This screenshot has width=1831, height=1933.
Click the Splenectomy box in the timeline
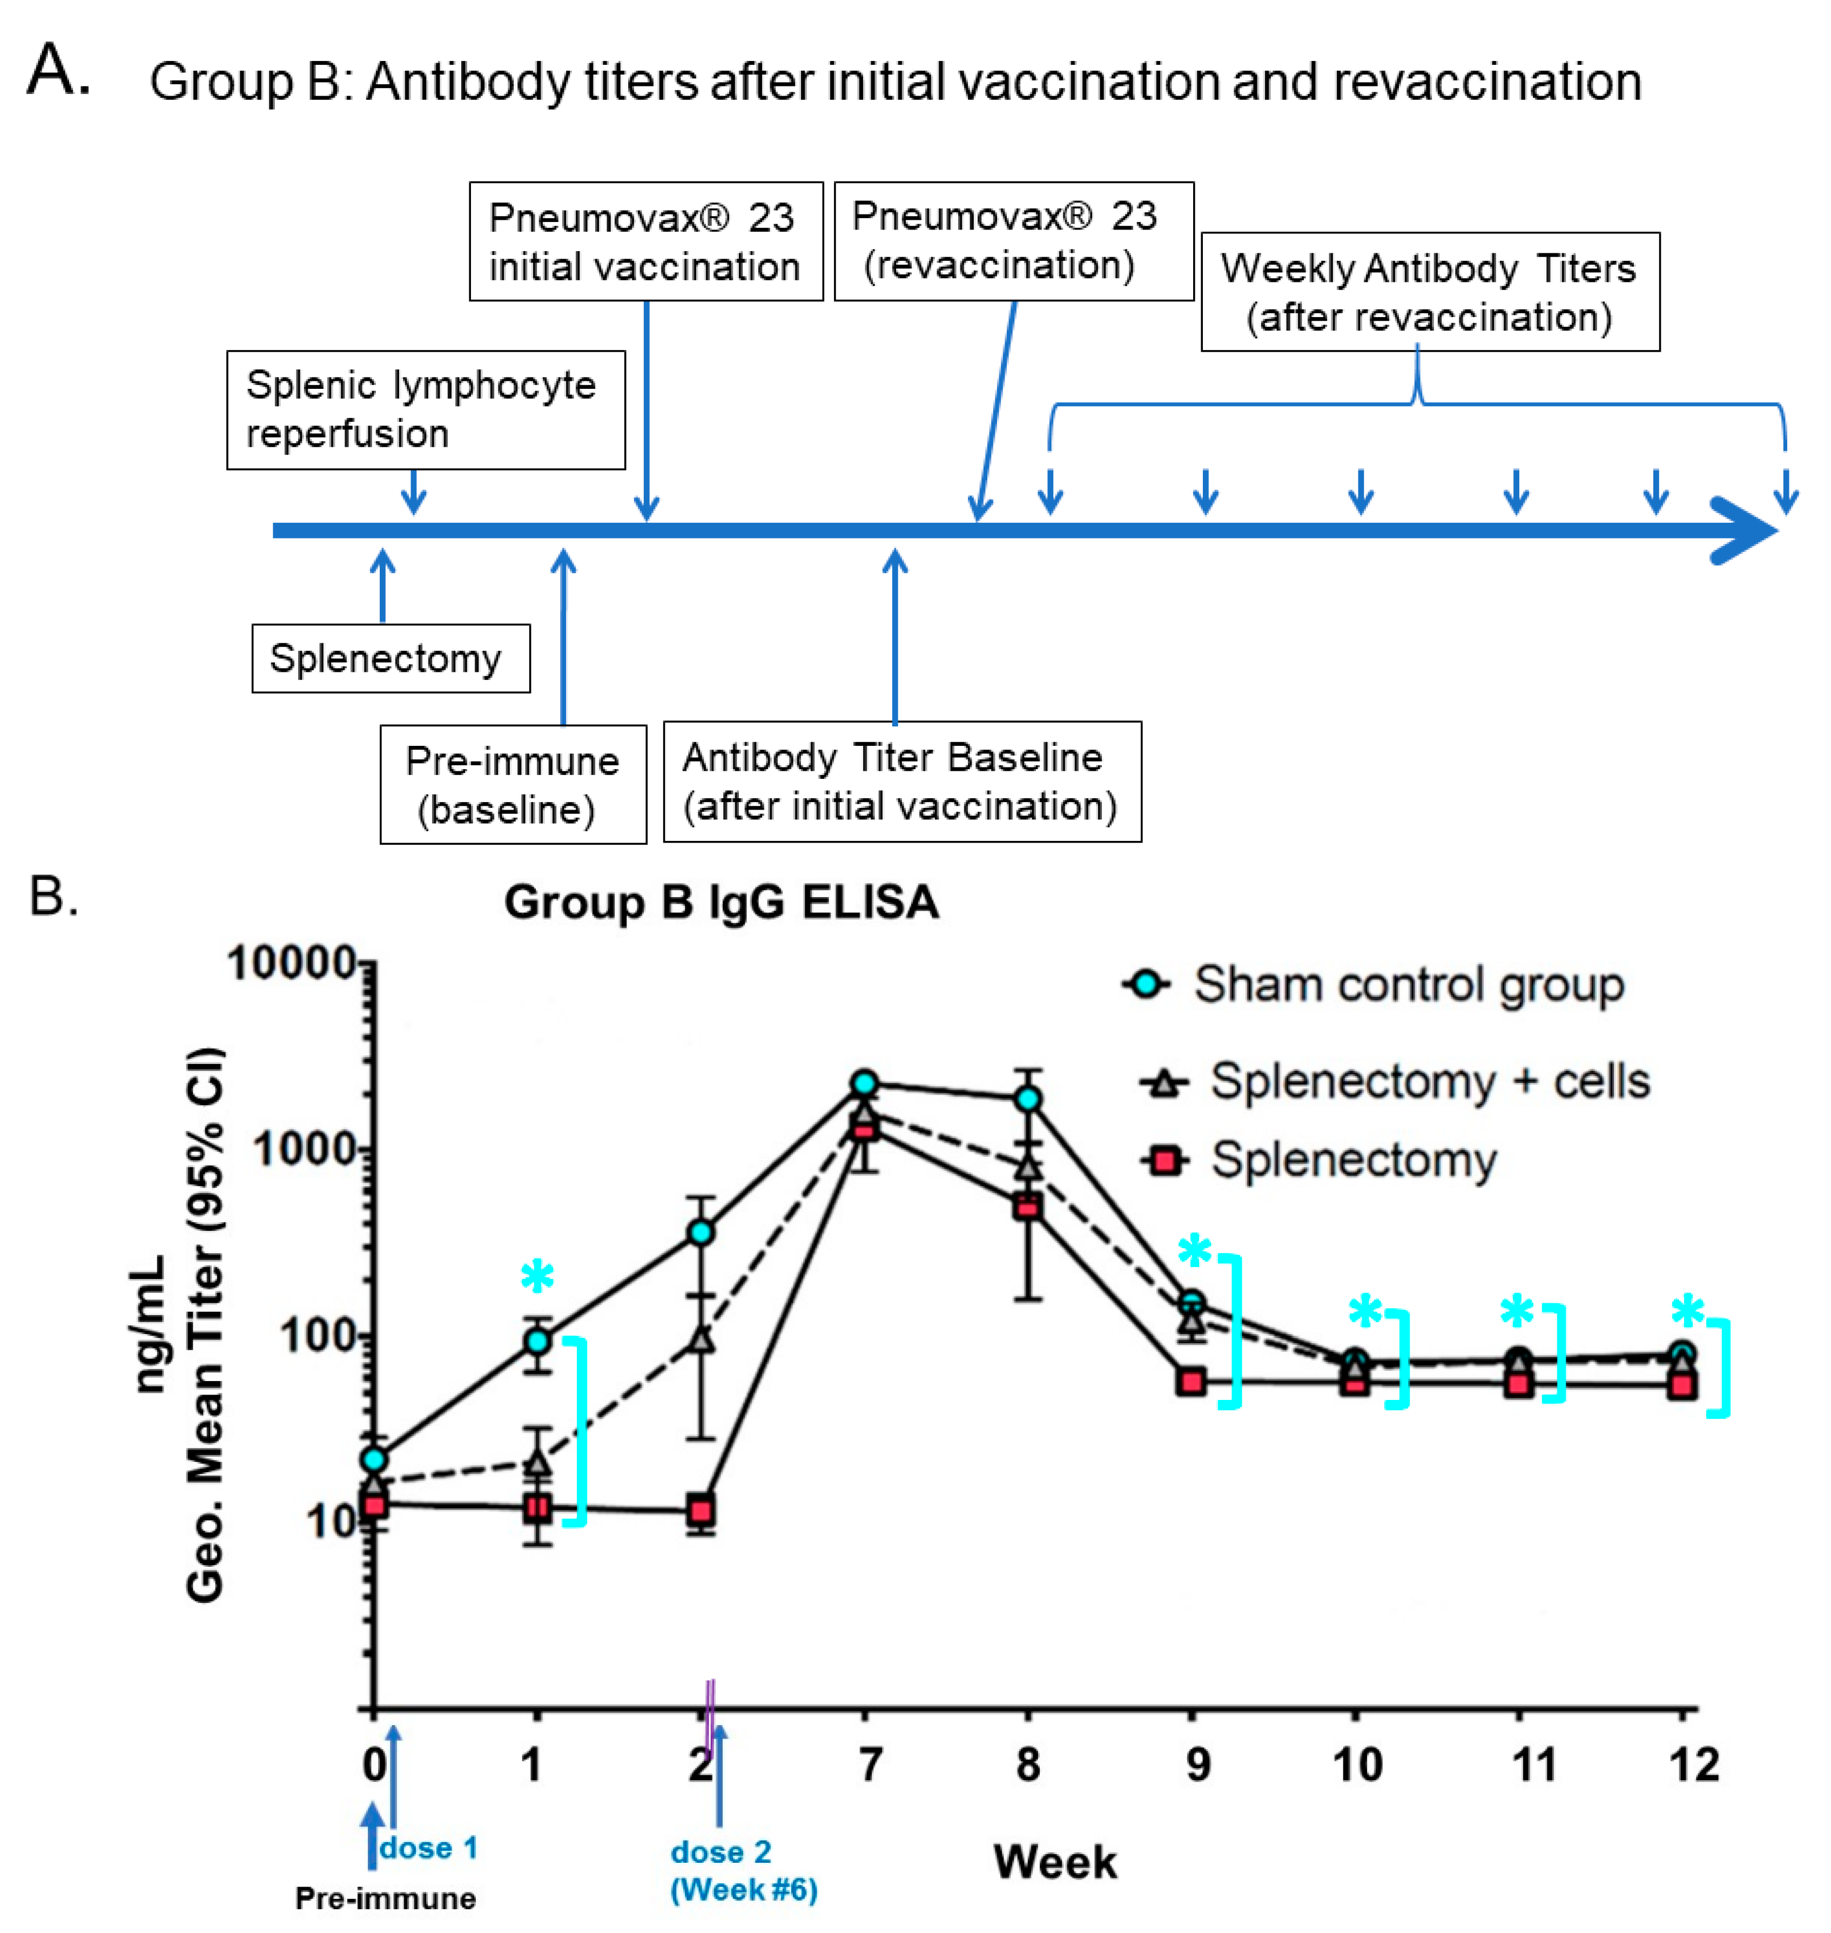click(x=391, y=658)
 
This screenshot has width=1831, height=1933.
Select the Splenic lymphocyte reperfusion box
click(x=426, y=410)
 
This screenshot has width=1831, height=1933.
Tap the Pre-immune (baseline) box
click(x=513, y=785)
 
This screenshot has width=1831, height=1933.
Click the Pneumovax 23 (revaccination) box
click(x=1013, y=241)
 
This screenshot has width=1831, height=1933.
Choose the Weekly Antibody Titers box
click(x=1429, y=292)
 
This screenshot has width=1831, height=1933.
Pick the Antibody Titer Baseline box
click(x=902, y=782)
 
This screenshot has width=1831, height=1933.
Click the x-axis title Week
click(x=1055, y=1862)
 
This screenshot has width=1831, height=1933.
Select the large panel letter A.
click(x=58, y=70)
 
